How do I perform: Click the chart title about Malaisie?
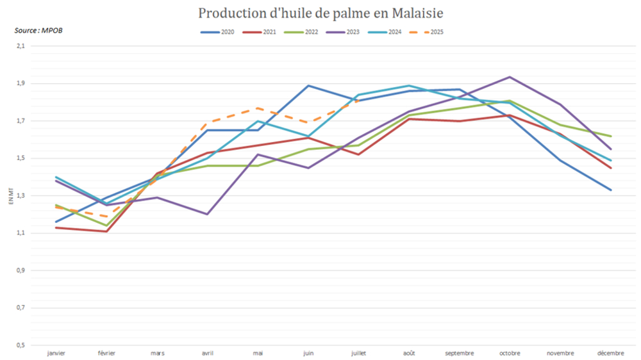(320, 13)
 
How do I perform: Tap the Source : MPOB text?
(38, 30)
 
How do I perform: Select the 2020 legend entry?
(218, 32)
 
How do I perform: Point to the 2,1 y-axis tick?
(21, 46)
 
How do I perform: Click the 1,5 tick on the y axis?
(21, 158)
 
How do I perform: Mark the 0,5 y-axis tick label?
(21, 345)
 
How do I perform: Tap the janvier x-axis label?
(56, 353)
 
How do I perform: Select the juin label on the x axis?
(308, 353)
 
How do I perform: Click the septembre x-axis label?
(460, 353)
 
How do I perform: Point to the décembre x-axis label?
(610, 353)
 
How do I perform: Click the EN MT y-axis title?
(11, 195)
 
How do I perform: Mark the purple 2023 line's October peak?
(510, 77)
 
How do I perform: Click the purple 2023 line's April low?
(207, 214)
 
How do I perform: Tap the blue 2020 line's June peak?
(308, 85)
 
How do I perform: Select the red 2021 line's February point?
(106, 231)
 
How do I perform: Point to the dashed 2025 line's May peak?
(258, 108)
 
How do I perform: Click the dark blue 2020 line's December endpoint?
(611, 190)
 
